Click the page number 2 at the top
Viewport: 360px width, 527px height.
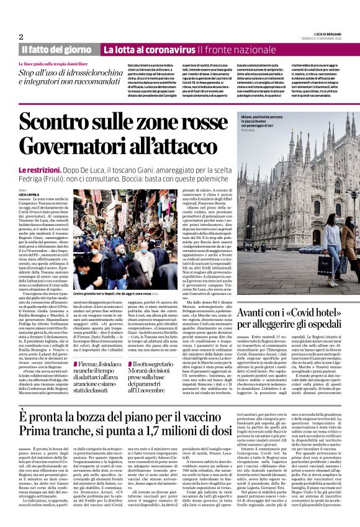21,37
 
